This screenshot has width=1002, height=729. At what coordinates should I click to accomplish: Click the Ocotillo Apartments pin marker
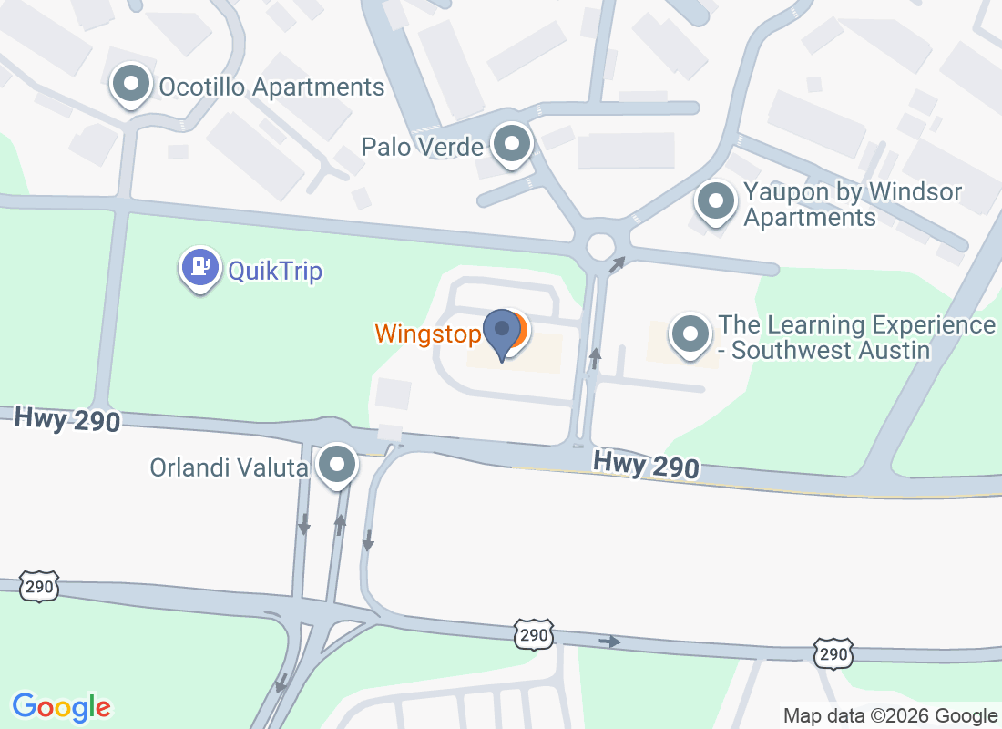coord(131,85)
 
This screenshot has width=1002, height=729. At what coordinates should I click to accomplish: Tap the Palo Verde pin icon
coord(512,144)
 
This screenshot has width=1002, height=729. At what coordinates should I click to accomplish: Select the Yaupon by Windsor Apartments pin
coord(715,201)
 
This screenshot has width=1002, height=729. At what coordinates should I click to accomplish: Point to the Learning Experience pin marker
coord(690,334)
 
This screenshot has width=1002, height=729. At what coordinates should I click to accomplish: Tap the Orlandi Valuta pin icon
coord(339,466)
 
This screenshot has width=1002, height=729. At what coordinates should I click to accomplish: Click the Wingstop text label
coord(427,334)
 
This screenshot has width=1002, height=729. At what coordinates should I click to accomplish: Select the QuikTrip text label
coord(275,271)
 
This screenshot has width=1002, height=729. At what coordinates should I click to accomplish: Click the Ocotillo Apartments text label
coord(271,87)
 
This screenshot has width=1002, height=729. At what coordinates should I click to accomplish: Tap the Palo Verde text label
coord(422,146)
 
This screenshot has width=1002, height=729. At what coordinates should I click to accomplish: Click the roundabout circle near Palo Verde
coord(601,246)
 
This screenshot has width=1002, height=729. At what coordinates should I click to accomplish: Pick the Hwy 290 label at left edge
coord(67,420)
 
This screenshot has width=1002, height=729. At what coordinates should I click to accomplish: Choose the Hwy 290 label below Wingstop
coord(646,465)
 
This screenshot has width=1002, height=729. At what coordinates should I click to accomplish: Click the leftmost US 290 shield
coord(40,587)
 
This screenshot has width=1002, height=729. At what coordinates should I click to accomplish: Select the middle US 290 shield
coord(533,635)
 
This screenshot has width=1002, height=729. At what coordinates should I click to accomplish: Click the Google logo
coord(62,707)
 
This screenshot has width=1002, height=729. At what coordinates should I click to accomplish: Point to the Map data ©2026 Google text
coord(890,716)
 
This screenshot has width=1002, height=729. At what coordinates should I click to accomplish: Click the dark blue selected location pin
coord(501,334)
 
